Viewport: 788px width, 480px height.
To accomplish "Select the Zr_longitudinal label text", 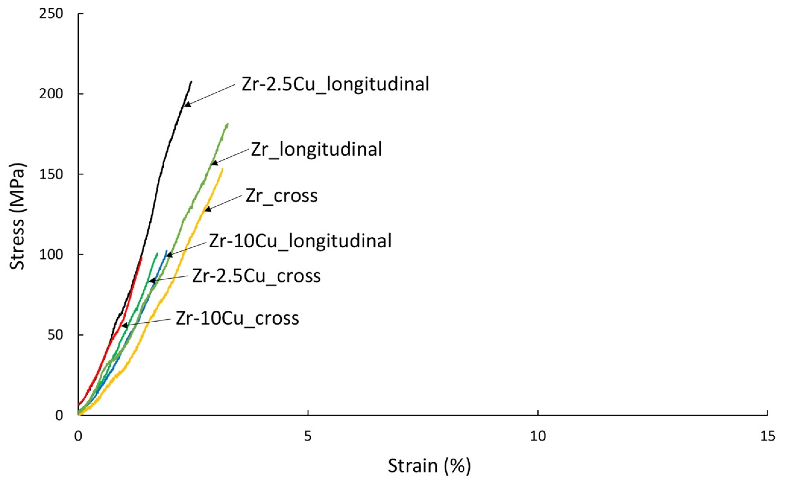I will click(x=316, y=149).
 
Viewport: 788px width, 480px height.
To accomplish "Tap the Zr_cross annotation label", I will click(x=281, y=196).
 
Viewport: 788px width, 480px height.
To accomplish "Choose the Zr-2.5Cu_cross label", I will click(x=256, y=276).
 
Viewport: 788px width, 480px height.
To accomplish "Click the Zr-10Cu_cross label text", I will click(x=237, y=318).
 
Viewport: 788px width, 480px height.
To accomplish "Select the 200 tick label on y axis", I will click(x=51, y=94).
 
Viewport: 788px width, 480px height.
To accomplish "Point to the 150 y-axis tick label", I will click(x=51, y=174).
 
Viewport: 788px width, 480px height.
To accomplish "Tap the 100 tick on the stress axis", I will click(x=51, y=255).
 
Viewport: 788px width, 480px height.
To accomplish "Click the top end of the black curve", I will click(x=191, y=82).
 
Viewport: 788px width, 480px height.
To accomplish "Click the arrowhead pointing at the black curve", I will click(x=187, y=104).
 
